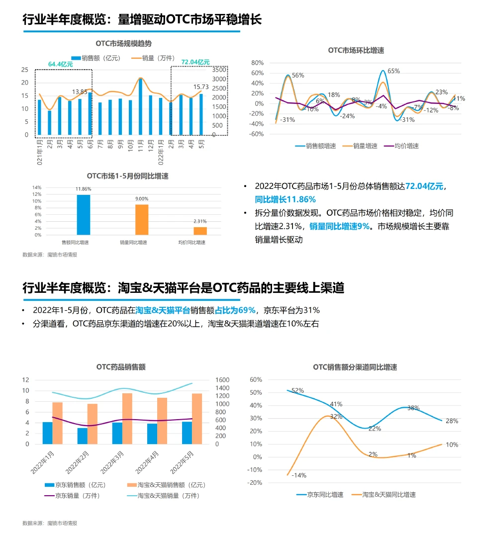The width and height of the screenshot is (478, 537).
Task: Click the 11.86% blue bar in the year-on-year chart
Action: (x=84, y=214)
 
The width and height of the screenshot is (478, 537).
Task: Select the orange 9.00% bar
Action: (x=142, y=219)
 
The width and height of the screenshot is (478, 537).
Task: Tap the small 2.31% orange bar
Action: (x=200, y=231)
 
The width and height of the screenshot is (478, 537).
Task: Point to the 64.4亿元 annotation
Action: (x=60, y=64)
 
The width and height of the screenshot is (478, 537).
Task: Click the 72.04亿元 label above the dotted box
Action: (x=195, y=62)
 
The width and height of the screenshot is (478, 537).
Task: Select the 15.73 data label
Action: (x=201, y=86)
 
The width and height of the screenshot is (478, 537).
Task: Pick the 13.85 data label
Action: (x=80, y=91)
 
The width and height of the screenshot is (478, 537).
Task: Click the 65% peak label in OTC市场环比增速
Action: (x=393, y=71)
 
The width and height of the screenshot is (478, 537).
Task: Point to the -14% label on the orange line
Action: (x=299, y=475)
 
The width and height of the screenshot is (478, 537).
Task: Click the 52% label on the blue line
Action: (x=297, y=391)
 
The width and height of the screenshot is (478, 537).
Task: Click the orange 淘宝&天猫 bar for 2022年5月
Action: (x=197, y=418)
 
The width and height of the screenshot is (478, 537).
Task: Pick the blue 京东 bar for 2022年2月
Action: (x=83, y=436)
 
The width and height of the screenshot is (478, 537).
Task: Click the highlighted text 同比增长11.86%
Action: (x=286, y=199)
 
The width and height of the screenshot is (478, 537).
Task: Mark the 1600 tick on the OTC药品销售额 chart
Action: (x=222, y=380)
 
